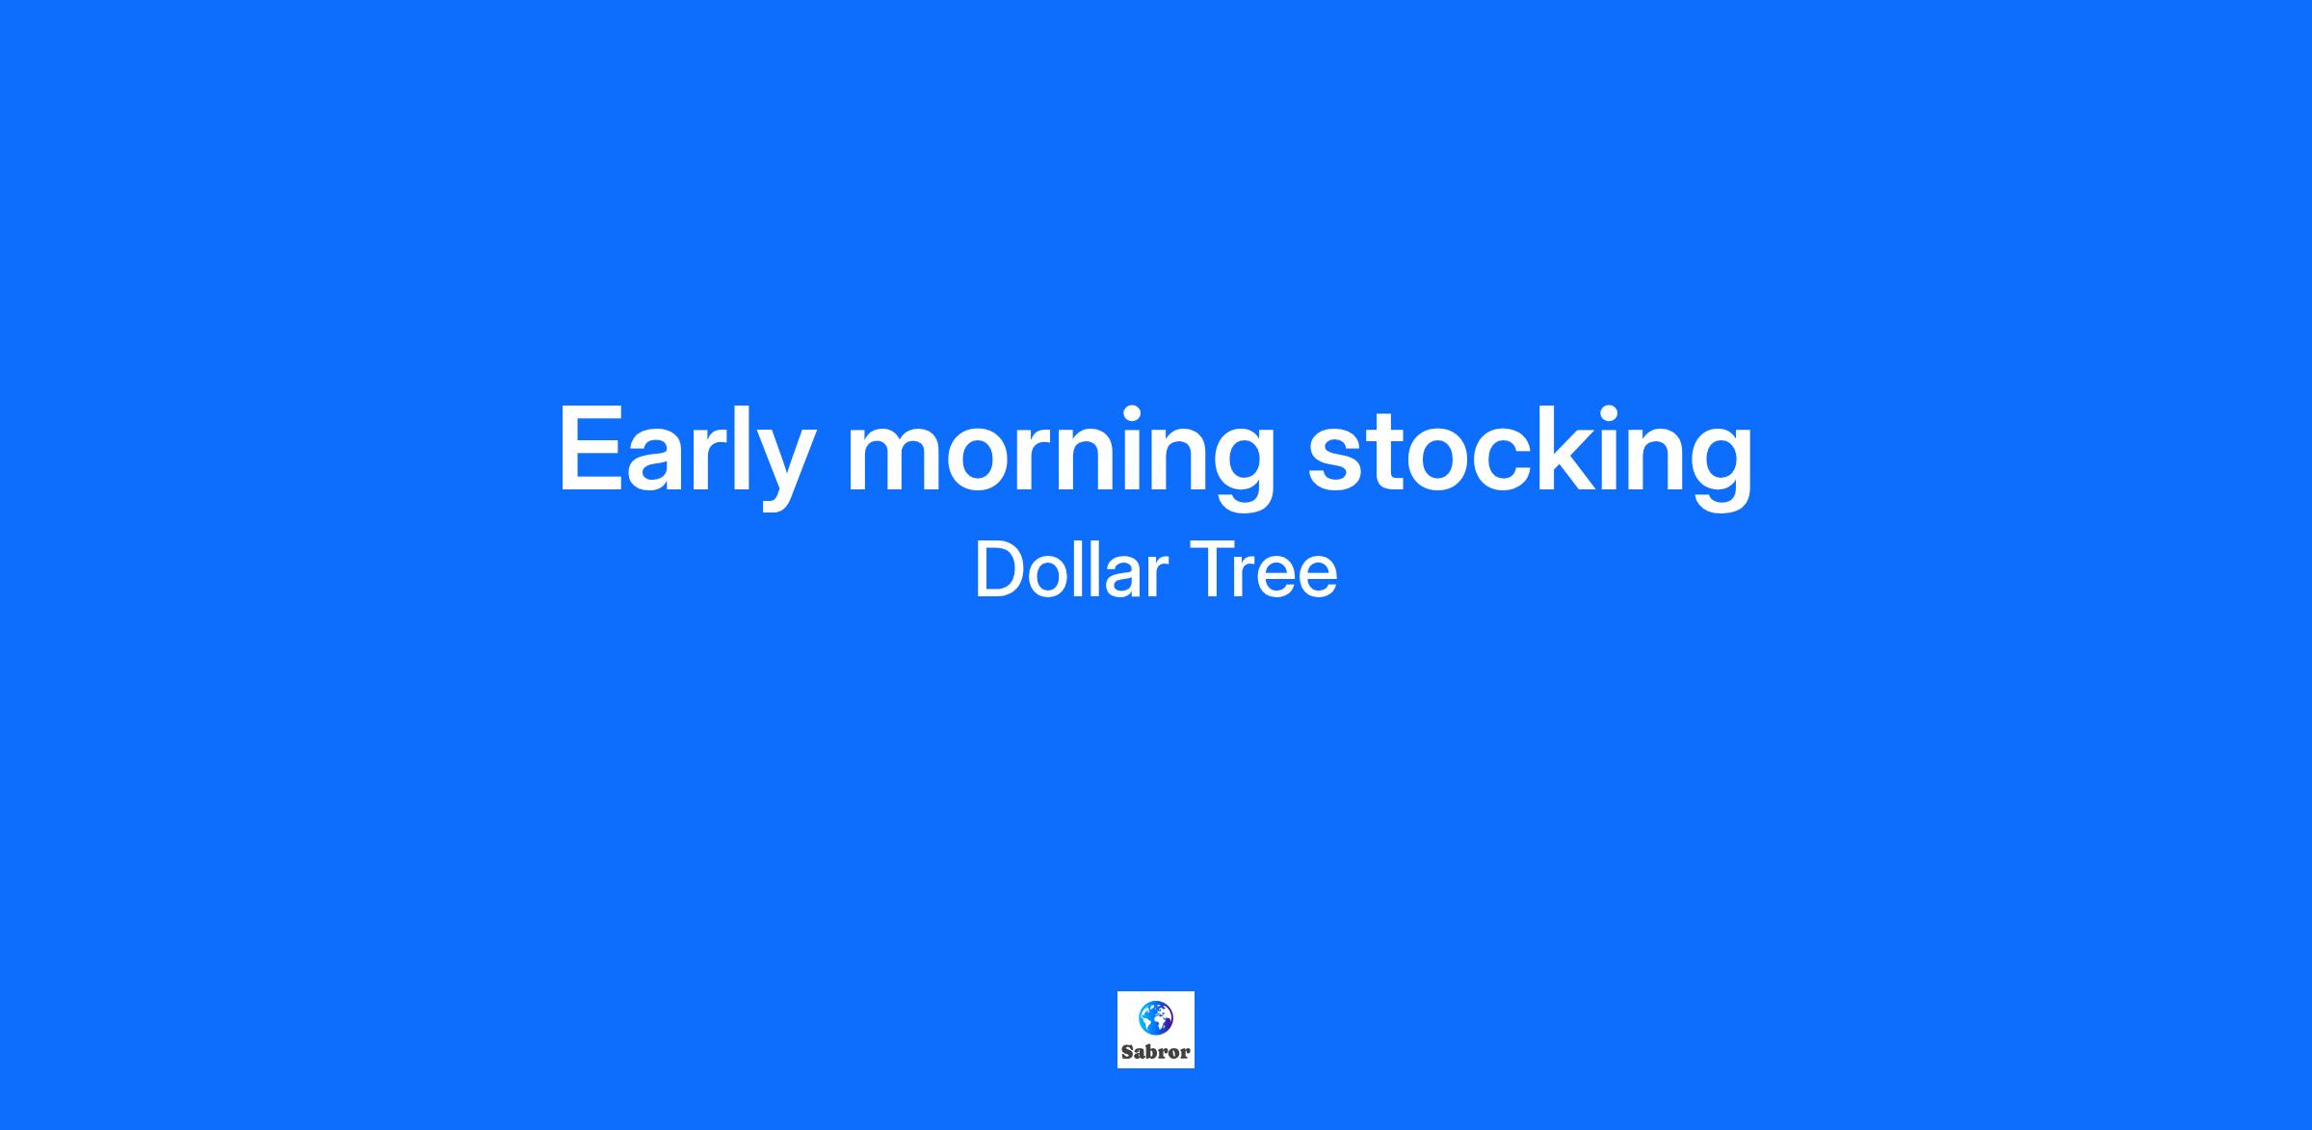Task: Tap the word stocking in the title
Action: click(1530, 456)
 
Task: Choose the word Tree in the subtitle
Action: click(1264, 571)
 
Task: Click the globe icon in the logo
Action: click(1155, 1017)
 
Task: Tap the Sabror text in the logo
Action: click(1155, 1052)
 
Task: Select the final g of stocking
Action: click(1721, 468)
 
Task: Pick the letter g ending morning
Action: click(1243, 468)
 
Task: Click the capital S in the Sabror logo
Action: click(1127, 1052)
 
